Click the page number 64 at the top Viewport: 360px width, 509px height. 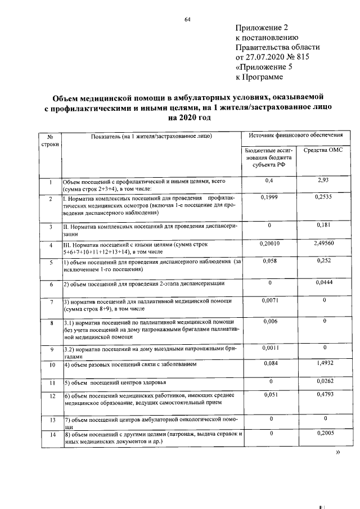188,20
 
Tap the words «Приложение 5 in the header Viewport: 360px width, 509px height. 264,67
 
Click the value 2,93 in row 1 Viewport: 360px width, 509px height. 323,181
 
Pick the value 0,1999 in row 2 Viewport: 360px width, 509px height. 270,197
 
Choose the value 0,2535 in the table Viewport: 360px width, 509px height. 323,197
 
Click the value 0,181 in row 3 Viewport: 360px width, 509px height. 323,224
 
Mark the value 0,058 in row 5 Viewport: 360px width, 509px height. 270,261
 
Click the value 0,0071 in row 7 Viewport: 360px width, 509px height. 270,301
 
